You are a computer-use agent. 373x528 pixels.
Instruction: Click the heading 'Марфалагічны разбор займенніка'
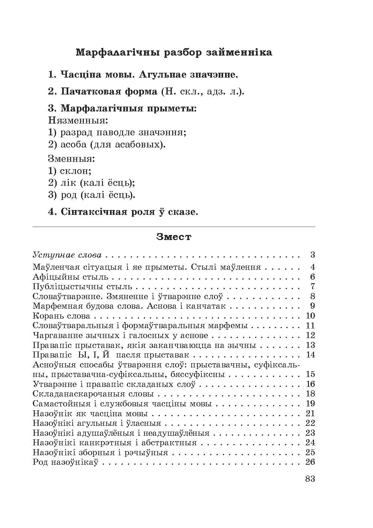[174, 52]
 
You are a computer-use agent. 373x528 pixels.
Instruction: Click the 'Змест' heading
[174, 237]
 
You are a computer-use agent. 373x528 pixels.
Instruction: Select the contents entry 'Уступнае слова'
[67, 255]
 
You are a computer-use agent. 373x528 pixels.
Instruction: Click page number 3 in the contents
[312, 255]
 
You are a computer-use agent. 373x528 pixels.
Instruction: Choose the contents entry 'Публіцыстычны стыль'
[82, 286]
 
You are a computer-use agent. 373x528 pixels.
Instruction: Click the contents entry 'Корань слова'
[62, 316]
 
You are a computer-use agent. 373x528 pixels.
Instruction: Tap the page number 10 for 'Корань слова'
[310, 316]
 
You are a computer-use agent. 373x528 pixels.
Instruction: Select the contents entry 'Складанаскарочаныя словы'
[93, 394]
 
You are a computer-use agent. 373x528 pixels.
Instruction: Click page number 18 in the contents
[310, 394]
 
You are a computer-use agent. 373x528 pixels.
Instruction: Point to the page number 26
[310, 462]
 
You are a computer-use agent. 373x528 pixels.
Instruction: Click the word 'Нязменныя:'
[78, 121]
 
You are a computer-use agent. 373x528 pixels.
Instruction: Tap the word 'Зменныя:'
[72, 159]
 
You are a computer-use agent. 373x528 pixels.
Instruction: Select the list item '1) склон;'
[70, 171]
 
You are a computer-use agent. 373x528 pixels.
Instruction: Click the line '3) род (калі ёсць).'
[92, 195]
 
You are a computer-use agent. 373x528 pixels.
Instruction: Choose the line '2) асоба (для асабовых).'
[107, 145]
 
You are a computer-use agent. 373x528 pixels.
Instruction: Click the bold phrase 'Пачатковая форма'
[103, 92]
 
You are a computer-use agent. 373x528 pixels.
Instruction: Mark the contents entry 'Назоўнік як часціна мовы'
[90, 413]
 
